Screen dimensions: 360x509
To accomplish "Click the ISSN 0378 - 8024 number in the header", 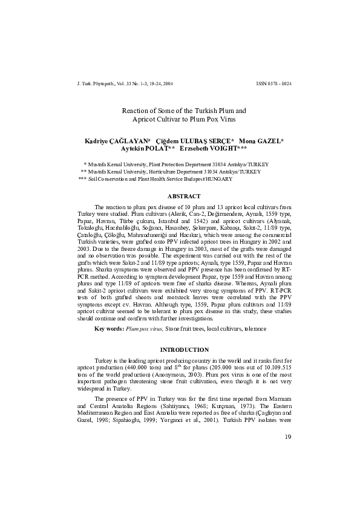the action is (x=270, y=83).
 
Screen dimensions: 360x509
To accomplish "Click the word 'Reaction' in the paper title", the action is (x=134, y=111).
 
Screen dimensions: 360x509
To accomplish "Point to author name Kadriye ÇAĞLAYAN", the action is (x=118, y=140).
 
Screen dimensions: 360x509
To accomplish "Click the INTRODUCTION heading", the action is (x=184, y=350).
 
